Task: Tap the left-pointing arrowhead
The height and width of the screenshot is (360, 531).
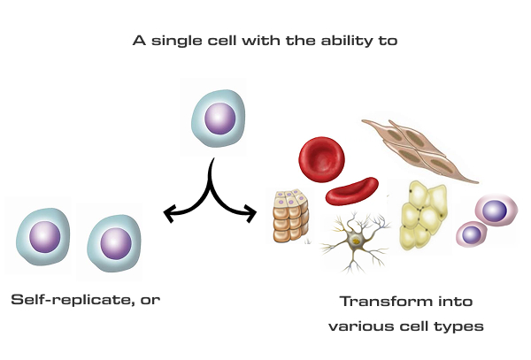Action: point(168,212)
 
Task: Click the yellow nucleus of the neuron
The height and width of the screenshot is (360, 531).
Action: point(355,241)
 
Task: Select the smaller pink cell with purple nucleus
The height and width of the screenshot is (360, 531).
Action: point(471,234)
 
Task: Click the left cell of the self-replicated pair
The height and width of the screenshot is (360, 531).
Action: point(42,237)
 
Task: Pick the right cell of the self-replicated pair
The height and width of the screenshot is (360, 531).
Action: point(112,240)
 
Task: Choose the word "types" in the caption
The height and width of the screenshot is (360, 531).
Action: point(460,326)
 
